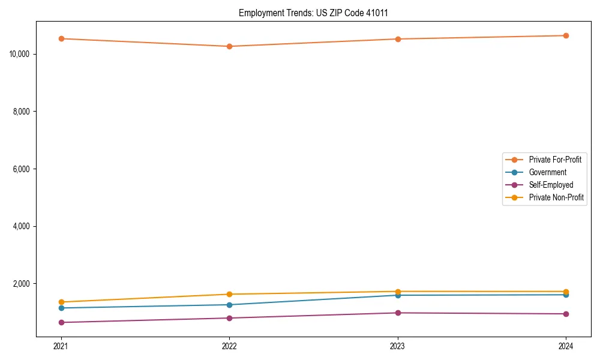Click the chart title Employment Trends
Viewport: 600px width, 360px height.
point(313,13)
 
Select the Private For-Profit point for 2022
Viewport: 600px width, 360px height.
point(229,46)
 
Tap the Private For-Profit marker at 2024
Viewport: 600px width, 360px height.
point(566,35)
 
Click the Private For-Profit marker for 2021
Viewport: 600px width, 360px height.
point(61,38)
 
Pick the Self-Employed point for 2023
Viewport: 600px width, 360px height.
point(398,313)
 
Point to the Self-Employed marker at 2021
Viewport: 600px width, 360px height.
point(61,322)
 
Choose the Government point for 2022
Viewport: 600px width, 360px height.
point(229,305)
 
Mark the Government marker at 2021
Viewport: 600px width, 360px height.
point(61,308)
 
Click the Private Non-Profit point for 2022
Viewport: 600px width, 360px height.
point(229,294)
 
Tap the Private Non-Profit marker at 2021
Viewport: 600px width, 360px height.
point(61,302)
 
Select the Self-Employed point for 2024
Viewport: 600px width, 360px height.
point(566,314)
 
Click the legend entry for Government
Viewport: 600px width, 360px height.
point(547,172)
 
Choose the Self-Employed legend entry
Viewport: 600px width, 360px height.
point(551,185)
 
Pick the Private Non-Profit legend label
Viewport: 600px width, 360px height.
point(556,197)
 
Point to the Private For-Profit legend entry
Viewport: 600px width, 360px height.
point(555,160)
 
